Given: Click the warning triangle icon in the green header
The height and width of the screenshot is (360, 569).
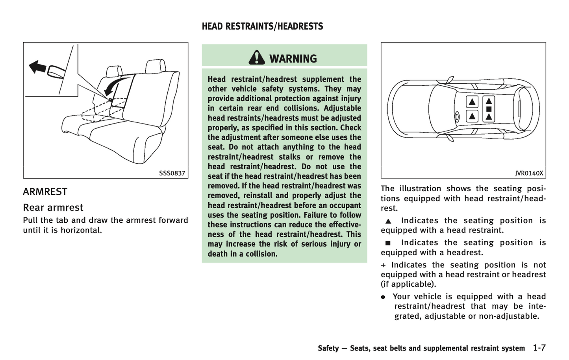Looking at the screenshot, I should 257,58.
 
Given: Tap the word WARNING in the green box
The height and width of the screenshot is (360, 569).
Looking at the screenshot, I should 293,59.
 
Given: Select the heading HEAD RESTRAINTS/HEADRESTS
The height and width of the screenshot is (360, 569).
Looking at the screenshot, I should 262,26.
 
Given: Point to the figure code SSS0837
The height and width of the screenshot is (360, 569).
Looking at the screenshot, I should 172,173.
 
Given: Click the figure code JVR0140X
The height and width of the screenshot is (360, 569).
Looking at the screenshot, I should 529,173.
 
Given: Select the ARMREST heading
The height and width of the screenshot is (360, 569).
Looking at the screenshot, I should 45,192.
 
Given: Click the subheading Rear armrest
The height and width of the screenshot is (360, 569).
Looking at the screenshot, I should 53,207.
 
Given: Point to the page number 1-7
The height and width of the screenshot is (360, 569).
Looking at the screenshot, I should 539,348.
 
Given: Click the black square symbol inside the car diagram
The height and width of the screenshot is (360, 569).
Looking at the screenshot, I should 489,109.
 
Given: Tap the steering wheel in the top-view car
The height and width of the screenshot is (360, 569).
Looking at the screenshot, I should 457,116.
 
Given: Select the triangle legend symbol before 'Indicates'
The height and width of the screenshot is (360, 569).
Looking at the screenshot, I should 388,221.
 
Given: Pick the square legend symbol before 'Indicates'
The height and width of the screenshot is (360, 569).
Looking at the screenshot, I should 388,243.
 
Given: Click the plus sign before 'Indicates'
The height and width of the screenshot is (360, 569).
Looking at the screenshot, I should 384,265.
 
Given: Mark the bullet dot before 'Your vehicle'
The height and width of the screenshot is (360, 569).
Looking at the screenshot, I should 383,297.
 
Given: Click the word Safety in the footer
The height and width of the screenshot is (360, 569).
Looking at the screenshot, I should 328,348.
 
